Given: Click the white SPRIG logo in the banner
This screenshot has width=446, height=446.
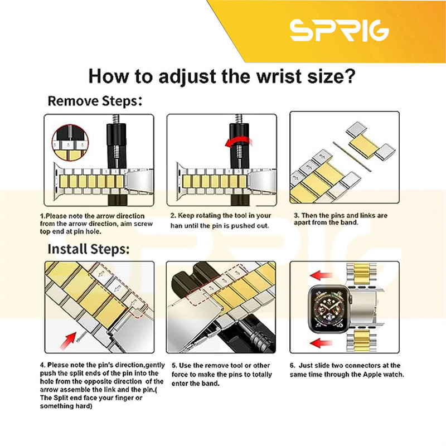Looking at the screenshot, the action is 340,31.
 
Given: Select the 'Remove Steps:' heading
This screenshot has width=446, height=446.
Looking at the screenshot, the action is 95,101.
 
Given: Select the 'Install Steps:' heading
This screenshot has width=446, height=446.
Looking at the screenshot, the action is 89,249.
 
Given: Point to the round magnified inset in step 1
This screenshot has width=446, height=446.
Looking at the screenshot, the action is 70,143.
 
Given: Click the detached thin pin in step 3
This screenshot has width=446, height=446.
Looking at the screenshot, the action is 352,157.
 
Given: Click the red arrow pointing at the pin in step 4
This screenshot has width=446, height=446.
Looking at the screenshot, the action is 67,340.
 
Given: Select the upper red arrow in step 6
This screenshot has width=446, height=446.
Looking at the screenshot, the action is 321,275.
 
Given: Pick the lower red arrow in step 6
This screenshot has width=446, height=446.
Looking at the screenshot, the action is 321,342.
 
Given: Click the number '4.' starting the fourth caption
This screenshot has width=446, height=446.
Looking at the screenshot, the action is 43,365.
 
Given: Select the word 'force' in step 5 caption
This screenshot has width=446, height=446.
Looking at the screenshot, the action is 180,375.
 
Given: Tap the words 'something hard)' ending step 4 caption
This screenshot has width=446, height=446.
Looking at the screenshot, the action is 66,406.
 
